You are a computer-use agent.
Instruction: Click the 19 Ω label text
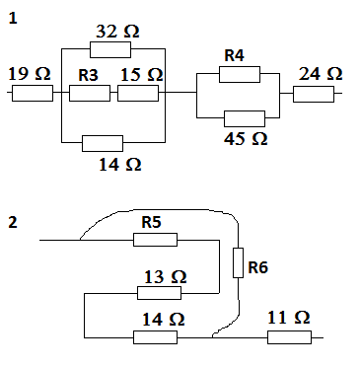30,74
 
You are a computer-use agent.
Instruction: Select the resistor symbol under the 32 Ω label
109,50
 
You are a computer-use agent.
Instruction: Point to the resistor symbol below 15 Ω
137,94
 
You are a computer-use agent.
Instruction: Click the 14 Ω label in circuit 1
119,165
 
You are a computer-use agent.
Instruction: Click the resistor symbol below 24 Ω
314,95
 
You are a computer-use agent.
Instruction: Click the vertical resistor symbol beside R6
238,262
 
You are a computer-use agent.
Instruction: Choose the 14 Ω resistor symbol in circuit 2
155,336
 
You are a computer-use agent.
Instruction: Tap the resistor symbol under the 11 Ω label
289,336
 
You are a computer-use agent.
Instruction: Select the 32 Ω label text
117,31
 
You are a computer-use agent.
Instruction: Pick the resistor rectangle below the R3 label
89,94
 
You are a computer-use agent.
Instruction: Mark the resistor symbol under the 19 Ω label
32,94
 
